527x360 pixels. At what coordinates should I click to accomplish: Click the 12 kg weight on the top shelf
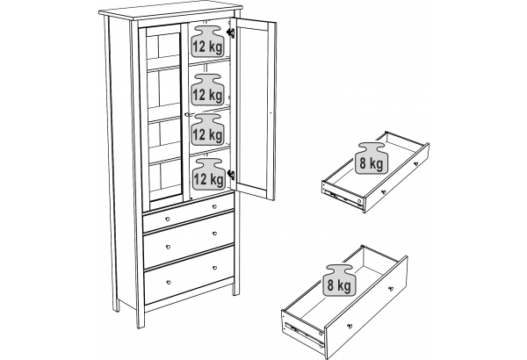click(x=207, y=41)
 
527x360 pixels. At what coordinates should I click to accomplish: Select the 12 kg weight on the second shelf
click(x=207, y=90)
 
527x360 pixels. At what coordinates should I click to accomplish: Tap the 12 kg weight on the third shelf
click(x=207, y=129)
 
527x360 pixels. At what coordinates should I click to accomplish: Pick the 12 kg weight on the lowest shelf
click(x=209, y=174)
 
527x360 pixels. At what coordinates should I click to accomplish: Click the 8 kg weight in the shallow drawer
click(x=371, y=158)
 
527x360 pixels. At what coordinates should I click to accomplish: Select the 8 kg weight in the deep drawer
click(x=339, y=280)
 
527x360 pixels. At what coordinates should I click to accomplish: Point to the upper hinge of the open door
click(x=230, y=32)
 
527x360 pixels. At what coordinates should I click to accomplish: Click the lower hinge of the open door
click(x=231, y=175)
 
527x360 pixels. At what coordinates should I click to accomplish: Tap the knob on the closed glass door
click(x=186, y=115)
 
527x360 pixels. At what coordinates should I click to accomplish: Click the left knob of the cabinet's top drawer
click(x=168, y=220)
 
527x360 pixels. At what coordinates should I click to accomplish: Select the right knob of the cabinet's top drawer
click(x=214, y=206)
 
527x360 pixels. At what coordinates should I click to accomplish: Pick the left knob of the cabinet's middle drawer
click(x=168, y=247)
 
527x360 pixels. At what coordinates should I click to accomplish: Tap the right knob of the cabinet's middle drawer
click(x=214, y=234)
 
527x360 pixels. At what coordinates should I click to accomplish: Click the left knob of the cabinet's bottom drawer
click(x=169, y=282)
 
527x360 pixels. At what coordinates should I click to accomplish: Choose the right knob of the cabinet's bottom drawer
click(x=215, y=268)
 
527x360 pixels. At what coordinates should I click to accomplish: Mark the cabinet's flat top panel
click(x=170, y=11)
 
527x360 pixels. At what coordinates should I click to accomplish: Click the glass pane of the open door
click(x=255, y=108)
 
